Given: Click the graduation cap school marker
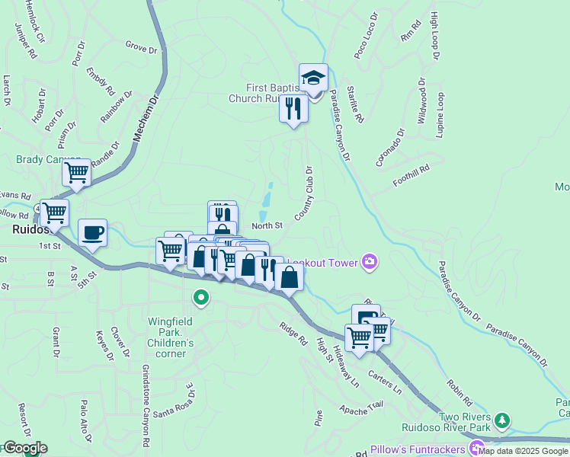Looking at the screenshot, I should [312, 78].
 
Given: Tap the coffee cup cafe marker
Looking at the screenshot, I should [92, 233].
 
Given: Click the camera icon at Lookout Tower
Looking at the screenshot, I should [370, 262].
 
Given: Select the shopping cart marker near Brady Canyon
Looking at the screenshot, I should [76, 173].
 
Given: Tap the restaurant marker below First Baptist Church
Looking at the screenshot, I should [293, 108].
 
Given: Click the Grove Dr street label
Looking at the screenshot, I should [140, 48].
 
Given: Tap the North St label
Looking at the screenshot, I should [267, 225].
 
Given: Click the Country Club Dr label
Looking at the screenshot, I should [305, 194].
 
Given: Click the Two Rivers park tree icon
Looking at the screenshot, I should [501, 420].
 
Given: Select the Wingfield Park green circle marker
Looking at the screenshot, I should [201, 298].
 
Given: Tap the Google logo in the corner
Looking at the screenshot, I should [24, 448].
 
